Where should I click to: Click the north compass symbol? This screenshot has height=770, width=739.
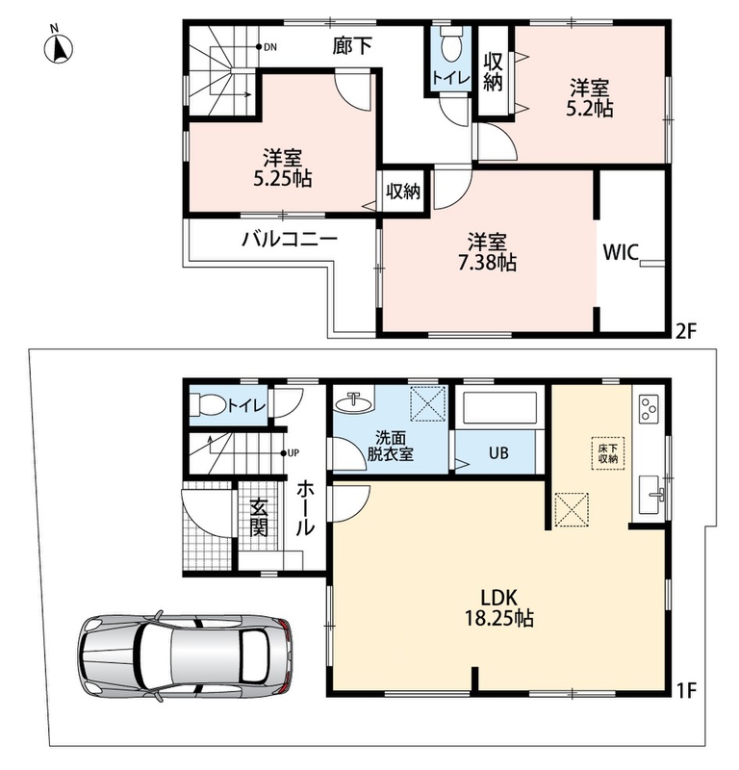pos(59,47)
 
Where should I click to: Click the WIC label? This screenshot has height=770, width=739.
pos(621,252)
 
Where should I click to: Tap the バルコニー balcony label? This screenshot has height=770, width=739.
pos(290,239)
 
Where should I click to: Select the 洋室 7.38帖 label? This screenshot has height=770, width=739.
pos(487,252)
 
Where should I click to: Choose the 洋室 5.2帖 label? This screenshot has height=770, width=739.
pos(589,98)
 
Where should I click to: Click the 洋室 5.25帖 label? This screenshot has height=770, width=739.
pos(282,167)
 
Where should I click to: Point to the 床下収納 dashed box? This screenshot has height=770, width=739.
pos(608,452)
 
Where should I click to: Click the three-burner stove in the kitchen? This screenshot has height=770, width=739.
pos(649,408)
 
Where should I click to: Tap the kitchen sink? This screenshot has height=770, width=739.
pos(651,494)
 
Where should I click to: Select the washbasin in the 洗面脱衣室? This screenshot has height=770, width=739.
pos(353,403)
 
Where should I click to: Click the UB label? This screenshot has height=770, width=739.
pos(498,452)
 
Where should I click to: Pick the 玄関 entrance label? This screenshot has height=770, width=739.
pos(258,517)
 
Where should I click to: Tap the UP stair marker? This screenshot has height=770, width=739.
pos(290,452)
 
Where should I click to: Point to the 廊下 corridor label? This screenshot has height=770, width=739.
pos(352,45)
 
